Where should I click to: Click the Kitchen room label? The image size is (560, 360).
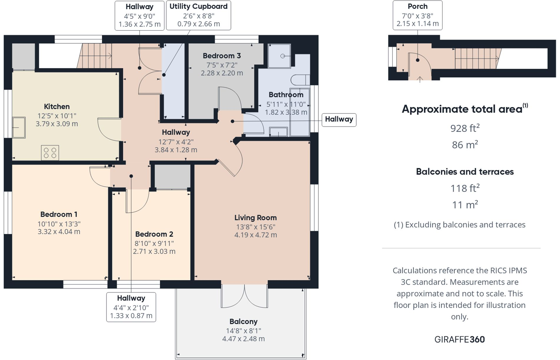tap(57, 106)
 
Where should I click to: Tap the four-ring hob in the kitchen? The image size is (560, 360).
tap(50, 153)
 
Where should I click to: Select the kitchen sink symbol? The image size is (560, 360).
tap(19, 128)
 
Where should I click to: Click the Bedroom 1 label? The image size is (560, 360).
tap(59, 214)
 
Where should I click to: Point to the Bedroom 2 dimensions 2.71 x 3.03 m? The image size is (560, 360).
tap(154, 251)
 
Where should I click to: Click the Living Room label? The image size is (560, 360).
tap(255, 218)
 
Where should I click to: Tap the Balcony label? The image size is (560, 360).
tap(243, 321)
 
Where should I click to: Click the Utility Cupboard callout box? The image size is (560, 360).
tap(198, 15)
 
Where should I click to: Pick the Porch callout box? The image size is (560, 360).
tap(417, 15)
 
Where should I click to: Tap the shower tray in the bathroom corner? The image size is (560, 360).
tap(279, 56)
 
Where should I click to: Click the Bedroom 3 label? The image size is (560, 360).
tap(222, 56)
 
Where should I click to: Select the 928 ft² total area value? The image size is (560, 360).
tap(465, 128)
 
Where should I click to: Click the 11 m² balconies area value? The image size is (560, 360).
tap(465, 205)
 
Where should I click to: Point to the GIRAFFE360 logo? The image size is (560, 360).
tap(459, 339)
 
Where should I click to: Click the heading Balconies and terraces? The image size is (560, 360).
tap(465, 172)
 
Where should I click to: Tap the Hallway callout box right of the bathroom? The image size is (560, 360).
tap(339, 119)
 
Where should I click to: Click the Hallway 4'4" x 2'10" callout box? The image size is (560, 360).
tap(131, 307)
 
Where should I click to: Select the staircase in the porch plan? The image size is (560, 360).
tap(476, 58)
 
